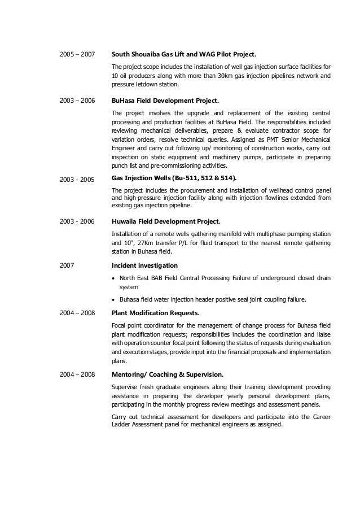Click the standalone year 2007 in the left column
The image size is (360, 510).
[67, 265]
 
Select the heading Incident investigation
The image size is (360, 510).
[145, 265]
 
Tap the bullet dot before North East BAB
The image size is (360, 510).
[115, 278]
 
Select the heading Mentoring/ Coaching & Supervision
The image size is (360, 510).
[168, 374]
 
